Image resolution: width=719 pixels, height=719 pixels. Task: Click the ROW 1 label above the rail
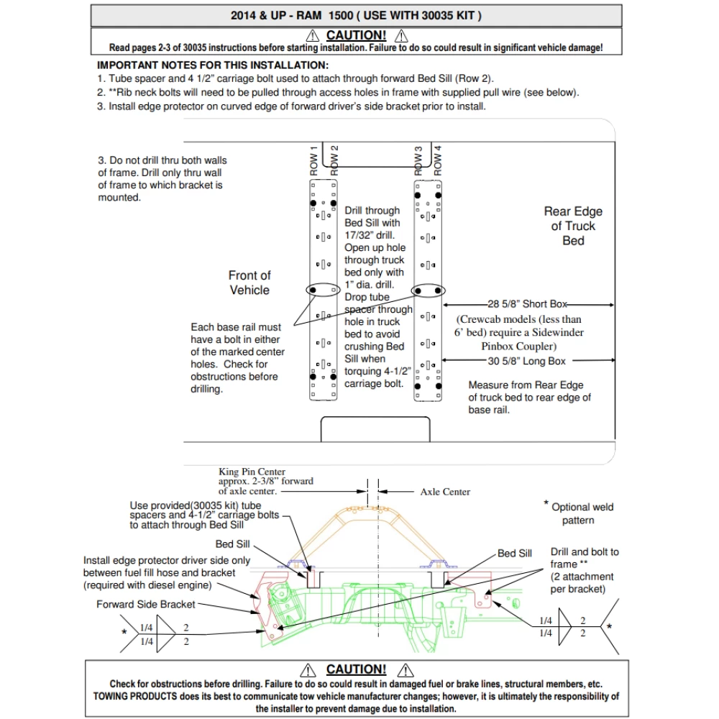(313, 160)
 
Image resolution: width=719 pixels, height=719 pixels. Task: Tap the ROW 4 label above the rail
(438, 160)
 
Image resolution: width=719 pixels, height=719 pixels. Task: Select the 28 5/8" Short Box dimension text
(527, 304)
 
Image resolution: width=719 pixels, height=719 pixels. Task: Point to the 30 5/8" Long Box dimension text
(527, 361)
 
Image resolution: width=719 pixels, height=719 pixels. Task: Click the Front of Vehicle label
(249, 283)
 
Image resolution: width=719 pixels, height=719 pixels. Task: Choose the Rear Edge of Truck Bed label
(573, 226)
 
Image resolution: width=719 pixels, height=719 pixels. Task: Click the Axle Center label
(445, 492)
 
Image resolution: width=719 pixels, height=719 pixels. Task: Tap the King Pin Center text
(252, 472)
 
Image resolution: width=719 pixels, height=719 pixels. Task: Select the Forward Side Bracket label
(146, 604)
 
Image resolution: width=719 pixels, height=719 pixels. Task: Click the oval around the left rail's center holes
(322, 289)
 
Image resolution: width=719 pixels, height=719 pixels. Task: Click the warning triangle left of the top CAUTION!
(312, 35)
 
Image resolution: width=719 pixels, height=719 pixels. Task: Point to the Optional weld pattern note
(582, 513)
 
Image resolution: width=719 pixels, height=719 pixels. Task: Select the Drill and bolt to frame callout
(584, 558)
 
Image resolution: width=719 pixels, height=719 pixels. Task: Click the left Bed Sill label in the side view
(233, 544)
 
